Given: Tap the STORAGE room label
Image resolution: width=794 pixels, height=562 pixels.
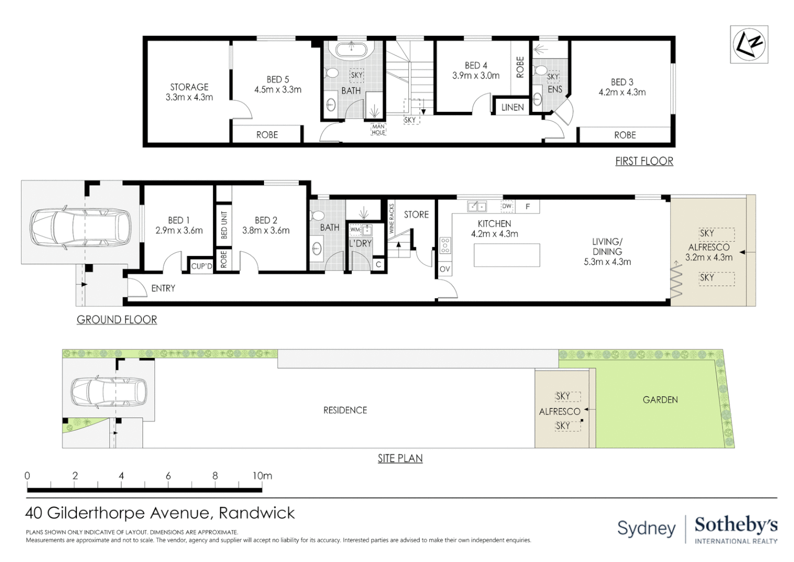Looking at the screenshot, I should coord(189,87).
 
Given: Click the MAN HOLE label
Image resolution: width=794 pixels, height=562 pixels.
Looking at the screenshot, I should coord(378,129).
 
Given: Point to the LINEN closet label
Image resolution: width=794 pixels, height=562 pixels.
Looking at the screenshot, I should coord(512,107).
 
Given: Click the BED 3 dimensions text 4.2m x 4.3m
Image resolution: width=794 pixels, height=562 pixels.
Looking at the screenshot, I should coord(622,93).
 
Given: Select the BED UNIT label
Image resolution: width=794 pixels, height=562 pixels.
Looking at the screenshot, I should coord(224,225).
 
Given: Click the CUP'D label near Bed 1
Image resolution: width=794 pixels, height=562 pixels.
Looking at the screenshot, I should coord(202,266).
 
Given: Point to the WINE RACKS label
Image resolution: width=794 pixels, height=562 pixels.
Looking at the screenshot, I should coord(392,219).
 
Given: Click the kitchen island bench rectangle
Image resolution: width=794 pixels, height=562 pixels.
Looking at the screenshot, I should coord(507,255).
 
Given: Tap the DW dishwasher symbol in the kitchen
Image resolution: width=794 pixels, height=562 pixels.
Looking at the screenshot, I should coord(507,207).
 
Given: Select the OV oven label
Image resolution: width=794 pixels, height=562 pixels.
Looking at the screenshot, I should coord(445,269).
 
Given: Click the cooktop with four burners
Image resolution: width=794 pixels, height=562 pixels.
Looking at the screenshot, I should coord(445,245).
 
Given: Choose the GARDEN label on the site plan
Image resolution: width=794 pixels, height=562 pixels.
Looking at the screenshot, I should coord(660,400).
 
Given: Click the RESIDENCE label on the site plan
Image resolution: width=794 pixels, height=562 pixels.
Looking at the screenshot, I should coord(345,410).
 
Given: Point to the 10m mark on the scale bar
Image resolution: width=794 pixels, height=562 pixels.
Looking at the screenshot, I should coord(262,476).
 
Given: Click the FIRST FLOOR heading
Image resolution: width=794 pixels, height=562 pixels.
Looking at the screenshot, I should coord(644,161).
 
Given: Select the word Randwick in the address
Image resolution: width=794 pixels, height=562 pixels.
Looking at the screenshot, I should coord(257,513).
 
